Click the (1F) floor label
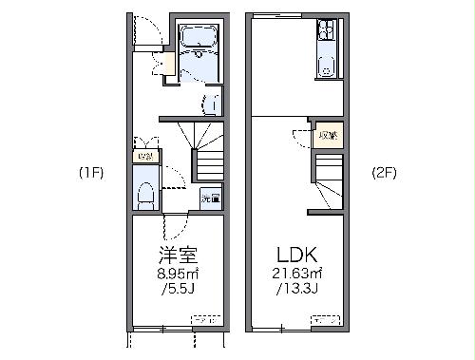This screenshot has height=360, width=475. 90,174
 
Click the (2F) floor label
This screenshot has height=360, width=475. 385,174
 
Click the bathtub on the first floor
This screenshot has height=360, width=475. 199,39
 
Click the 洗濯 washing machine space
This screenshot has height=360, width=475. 210,199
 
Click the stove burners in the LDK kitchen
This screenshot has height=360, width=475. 326,32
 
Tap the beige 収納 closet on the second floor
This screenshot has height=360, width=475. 328,135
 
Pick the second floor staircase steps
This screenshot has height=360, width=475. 328,180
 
